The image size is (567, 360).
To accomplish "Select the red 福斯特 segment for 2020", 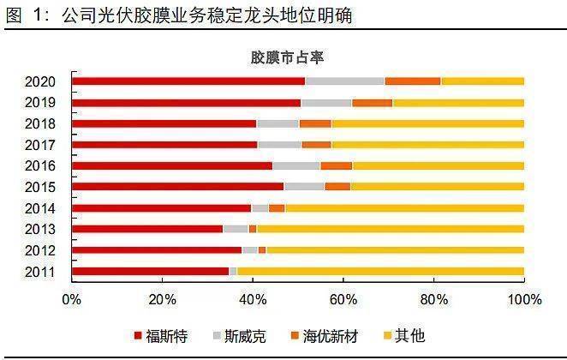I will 188,81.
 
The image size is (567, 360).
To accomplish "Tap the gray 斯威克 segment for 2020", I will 344,81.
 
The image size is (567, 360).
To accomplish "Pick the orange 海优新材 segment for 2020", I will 412,81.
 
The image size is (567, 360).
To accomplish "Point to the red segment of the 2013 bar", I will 147,229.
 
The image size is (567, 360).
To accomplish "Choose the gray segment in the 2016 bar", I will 296,165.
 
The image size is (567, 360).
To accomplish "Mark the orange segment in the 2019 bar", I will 372,103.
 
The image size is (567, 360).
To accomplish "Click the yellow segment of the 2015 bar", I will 437,186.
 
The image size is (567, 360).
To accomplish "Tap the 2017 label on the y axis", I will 40,145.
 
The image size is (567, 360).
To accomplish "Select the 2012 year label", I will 40,250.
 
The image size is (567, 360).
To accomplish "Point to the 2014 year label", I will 40,208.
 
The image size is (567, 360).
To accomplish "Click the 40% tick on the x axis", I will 253,300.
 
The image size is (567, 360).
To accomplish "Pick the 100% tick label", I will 524,300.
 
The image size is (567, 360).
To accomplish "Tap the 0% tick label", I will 72,300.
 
